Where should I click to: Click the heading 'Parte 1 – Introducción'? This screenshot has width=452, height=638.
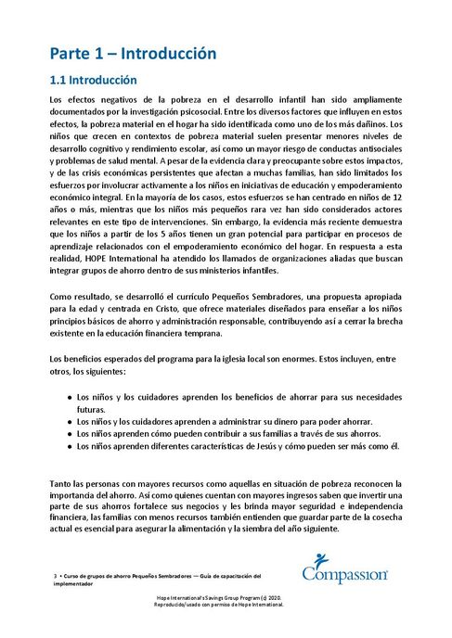point(133,54)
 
